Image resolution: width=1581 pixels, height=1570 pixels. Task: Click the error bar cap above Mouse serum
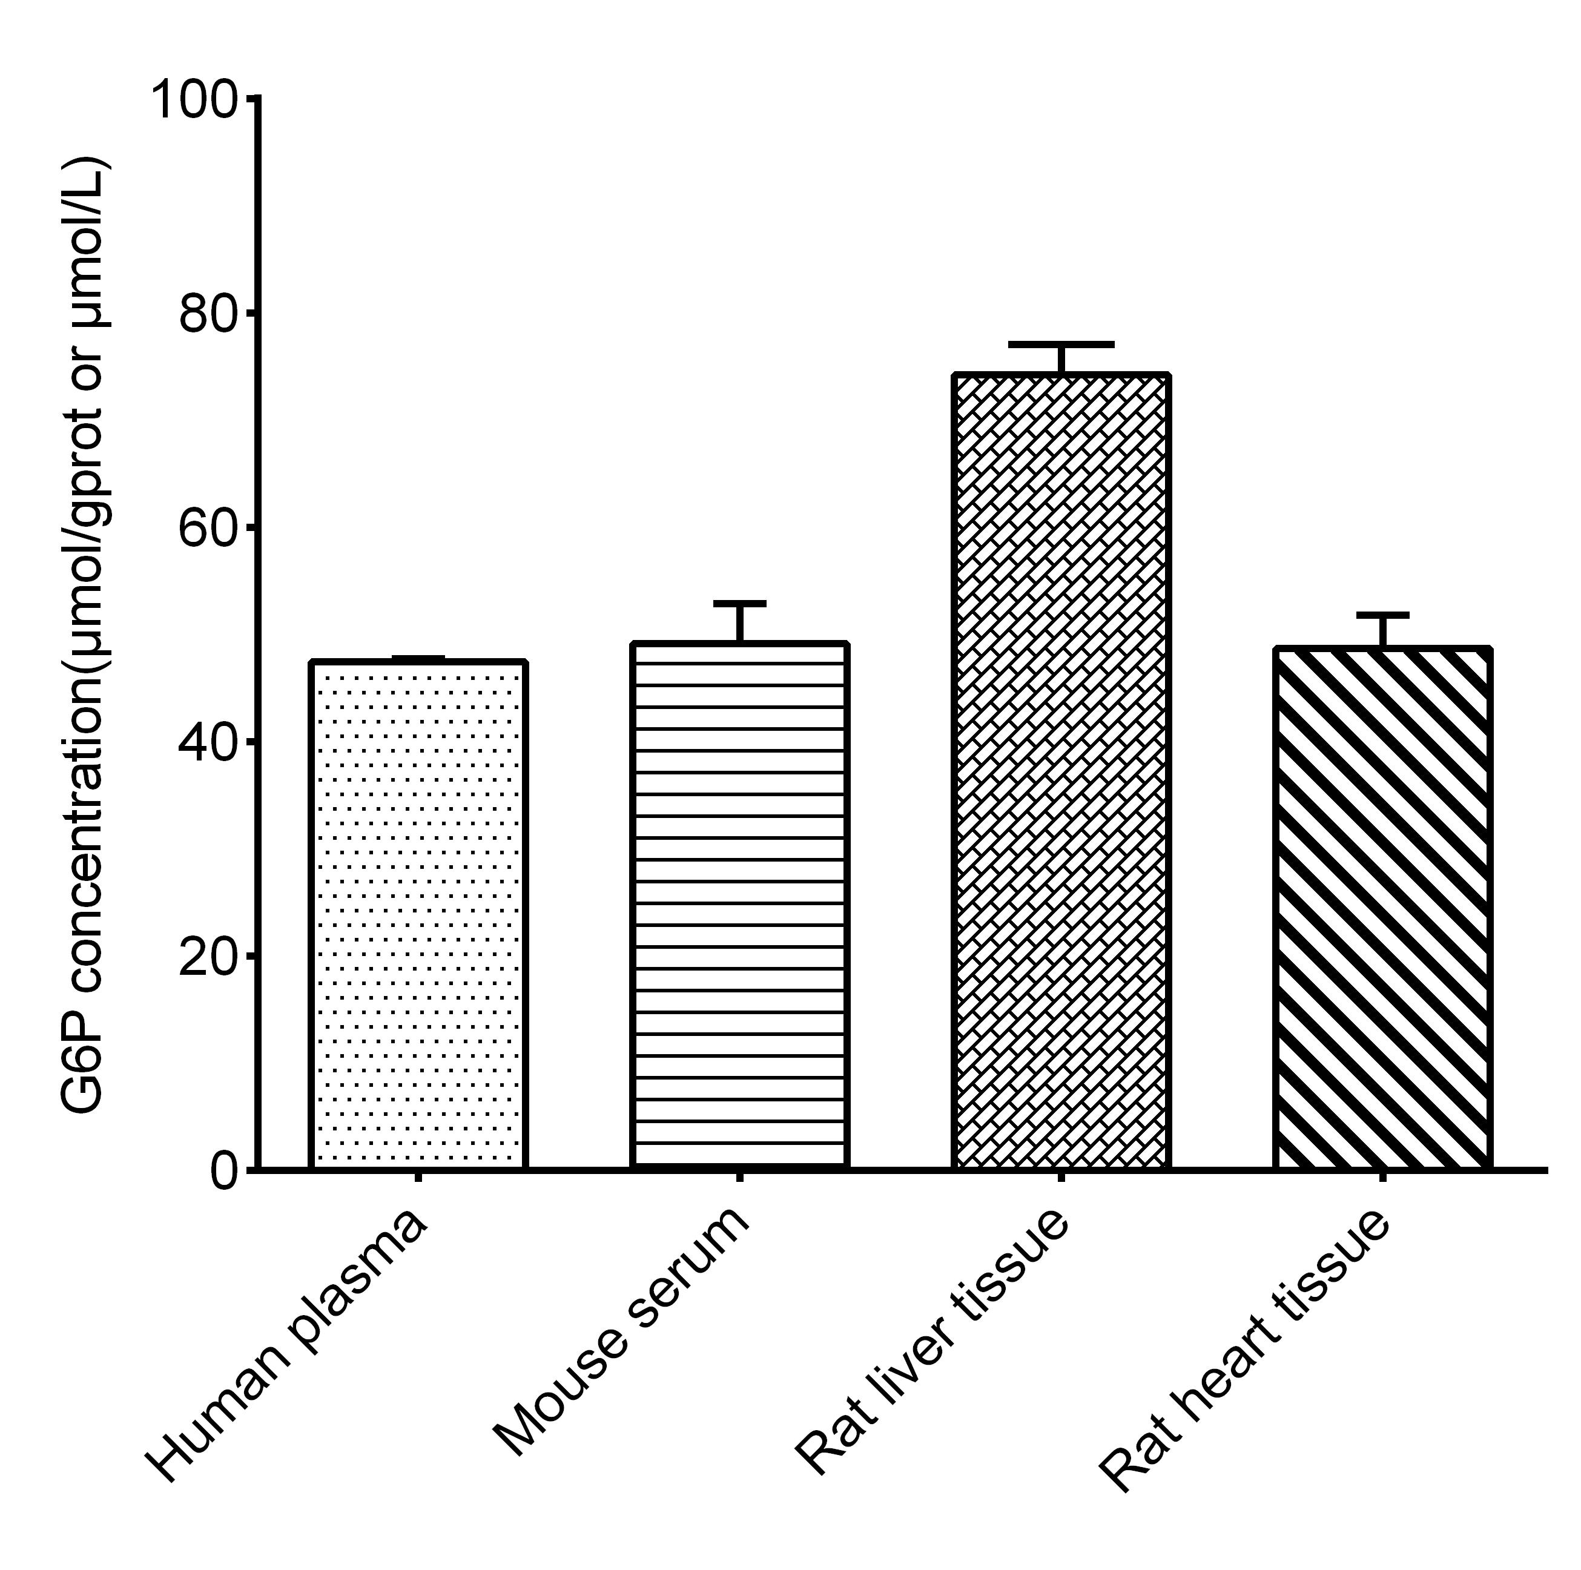point(739,604)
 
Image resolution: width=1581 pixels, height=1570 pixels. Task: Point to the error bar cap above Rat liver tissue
point(1060,344)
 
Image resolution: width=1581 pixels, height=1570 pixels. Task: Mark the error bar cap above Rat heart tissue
point(1382,613)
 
